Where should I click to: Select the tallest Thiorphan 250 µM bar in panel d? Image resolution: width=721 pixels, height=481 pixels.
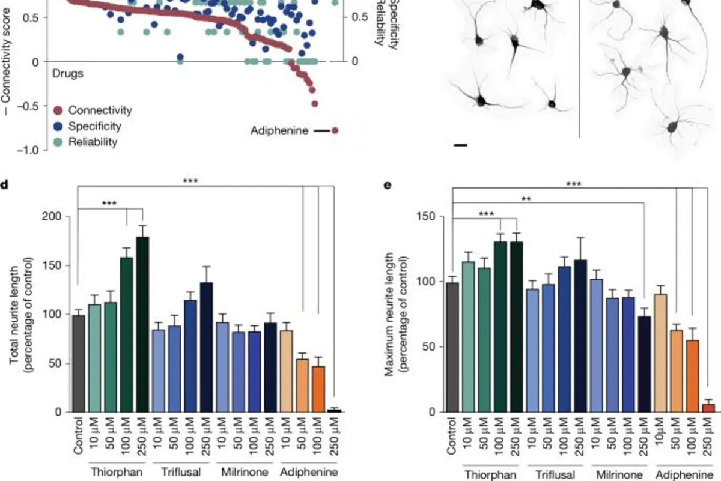(x=142, y=324)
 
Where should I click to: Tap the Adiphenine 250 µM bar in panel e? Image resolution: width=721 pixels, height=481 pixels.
(x=708, y=408)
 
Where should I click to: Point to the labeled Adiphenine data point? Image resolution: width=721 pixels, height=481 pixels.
(x=335, y=130)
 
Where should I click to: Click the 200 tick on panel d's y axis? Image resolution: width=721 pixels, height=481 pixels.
(x=53, y=216)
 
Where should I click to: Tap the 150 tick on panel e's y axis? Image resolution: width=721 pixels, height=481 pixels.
(x=430, y=216)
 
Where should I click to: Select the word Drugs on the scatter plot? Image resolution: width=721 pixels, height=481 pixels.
(x=67, y=74)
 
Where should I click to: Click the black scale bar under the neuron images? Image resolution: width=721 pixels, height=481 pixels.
(x=460, y=145)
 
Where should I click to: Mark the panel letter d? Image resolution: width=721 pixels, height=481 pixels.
(x=4, y=184)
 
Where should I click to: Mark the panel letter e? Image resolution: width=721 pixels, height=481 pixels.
(x=388, y=184)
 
